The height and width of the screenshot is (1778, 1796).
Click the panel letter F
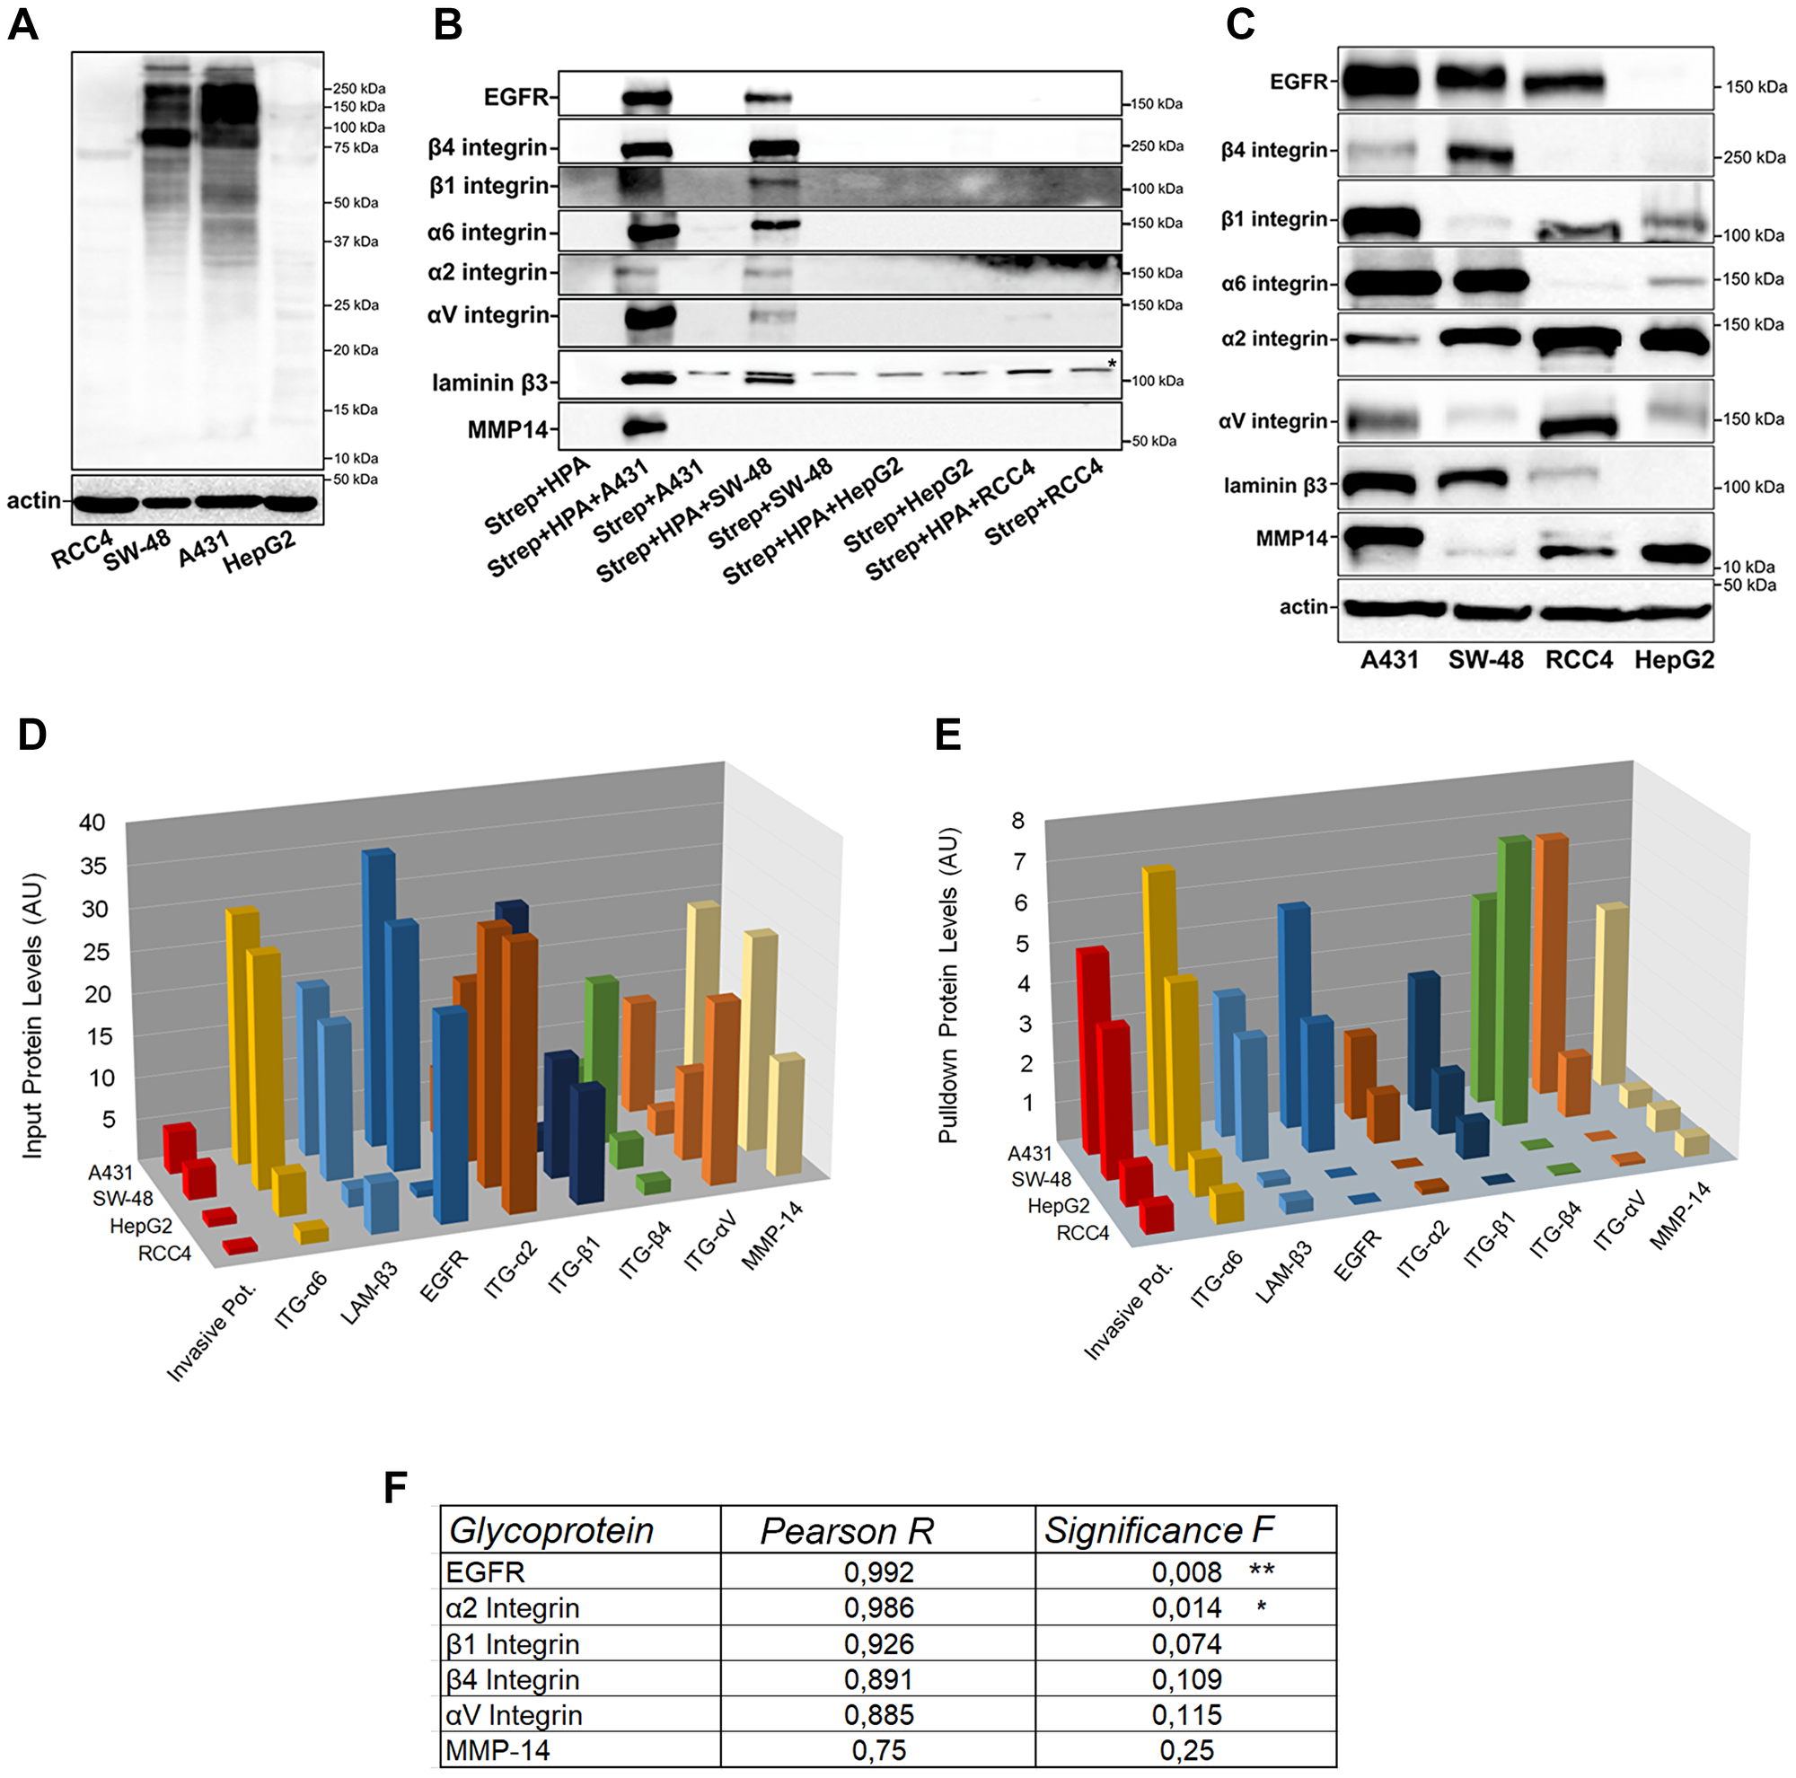click(x=395, y=1487)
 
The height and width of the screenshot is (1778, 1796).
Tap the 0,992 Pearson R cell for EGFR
click(x=878, y=1571)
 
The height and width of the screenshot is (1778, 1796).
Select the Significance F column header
click(x=1158, y=1530)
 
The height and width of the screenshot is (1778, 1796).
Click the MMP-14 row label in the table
click(x=497, y=1750)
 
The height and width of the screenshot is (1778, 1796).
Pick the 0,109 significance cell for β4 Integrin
click(x=1186, y=1678)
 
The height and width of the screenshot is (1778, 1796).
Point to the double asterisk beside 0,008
click(x=1262, y=1571)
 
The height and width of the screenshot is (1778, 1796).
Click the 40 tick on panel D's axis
click(x=92, y=822)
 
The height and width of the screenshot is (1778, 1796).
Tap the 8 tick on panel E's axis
click(x=1018, y=820)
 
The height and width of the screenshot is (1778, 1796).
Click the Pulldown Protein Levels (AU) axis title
click(x=947, y=985)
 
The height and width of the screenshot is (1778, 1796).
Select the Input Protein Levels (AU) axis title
click(x=32, y=1015)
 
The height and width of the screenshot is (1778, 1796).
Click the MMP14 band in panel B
click(x=645, y=427)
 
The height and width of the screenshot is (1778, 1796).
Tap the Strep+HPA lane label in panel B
click(x=537, y=497)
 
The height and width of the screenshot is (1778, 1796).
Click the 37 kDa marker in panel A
click(x=356, y=242)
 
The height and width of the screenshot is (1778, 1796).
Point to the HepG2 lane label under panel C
click(x=1674, y=660)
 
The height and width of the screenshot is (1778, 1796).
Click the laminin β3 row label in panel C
click(x=1274, y=485)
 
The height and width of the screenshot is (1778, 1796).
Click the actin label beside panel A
click(x=33, y=501)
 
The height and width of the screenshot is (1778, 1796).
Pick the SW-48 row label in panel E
click(x=1041, y=1179)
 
